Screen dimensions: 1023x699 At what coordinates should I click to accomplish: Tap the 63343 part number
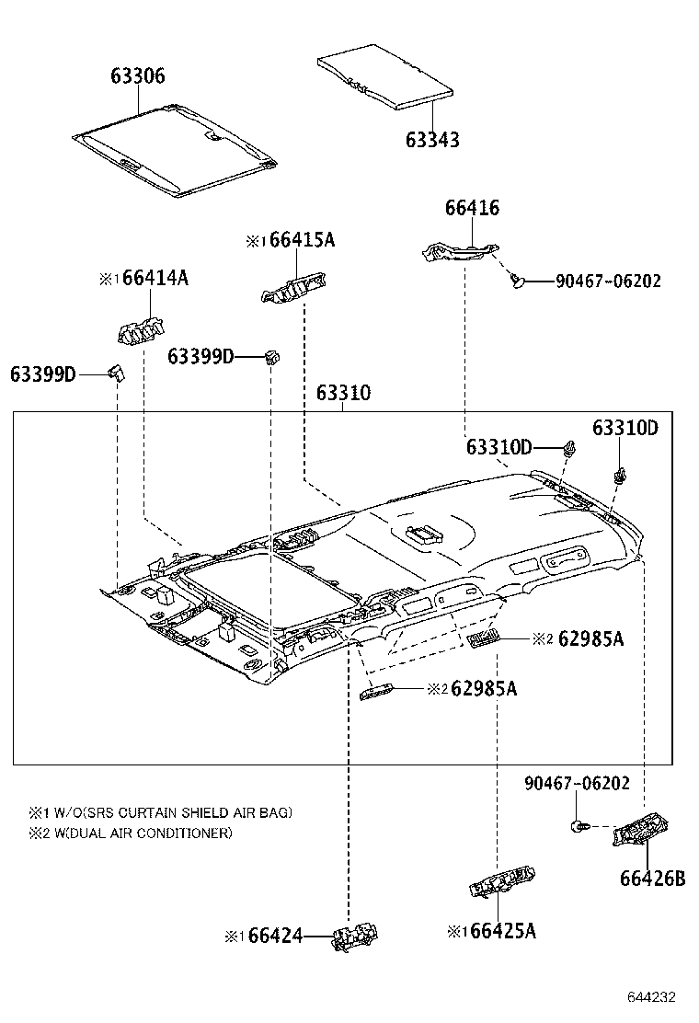432,140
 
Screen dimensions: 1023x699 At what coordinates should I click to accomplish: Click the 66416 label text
472,208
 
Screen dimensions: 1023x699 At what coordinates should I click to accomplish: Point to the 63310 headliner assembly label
343,393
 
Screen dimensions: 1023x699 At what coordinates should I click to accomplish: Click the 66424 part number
276,936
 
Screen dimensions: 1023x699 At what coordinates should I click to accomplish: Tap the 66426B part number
652,878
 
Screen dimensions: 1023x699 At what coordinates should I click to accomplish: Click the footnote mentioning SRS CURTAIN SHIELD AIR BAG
161,812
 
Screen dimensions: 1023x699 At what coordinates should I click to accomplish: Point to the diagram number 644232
652,997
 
